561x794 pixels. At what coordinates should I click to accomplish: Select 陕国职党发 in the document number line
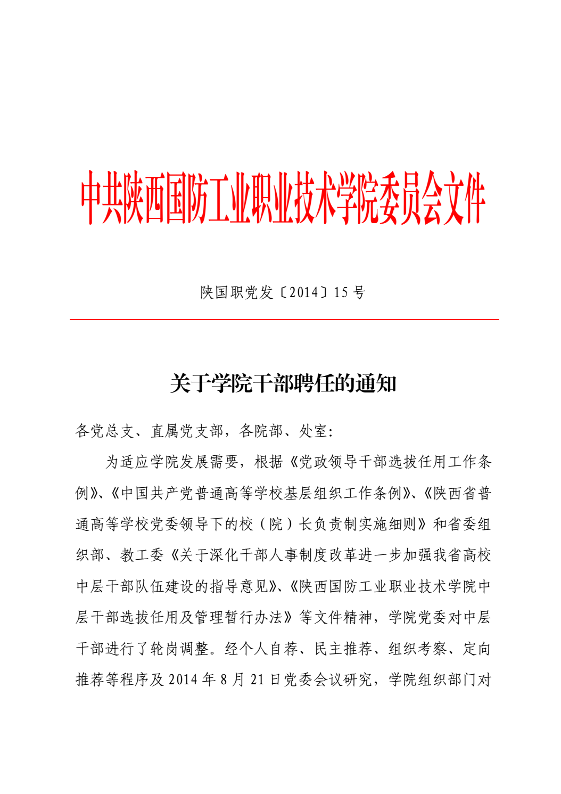click(236, 292)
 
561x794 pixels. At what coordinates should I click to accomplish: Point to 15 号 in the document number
click(350, 292)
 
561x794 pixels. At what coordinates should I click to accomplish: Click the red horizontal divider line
click(284, 320)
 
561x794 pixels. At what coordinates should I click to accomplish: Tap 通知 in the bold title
click(376, 383)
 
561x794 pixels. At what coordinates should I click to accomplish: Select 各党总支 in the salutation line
click(105, 431)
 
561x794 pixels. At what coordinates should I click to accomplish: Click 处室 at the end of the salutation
click(313, 431)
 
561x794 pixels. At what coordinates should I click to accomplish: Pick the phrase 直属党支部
click(187, 431)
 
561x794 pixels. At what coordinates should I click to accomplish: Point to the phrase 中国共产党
click(157, 493)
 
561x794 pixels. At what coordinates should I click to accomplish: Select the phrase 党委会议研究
click(328, 680)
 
